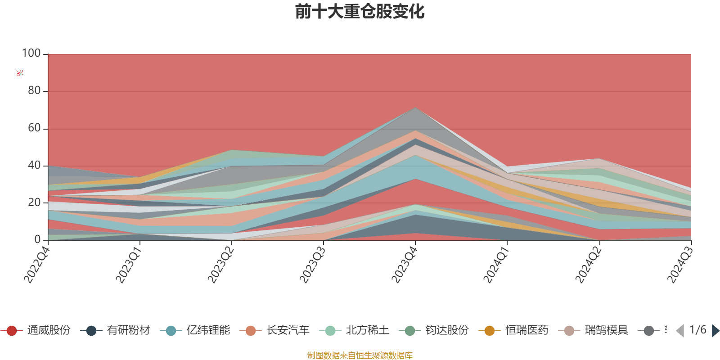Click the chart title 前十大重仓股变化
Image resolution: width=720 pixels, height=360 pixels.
pyautogui.click(x=360, y=12)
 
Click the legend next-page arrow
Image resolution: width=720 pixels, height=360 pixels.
pyautogui.click(x=715, y=331)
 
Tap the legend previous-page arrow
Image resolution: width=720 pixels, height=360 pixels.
pyautogui.click(x=680, y=331)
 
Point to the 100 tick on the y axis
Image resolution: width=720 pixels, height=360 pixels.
pyautogui.click(x=31, y=54)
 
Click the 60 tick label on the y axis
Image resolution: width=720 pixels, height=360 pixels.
pyautogui.click(x=34, y=128)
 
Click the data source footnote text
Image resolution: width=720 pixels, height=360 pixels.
pyautogui.click(x=360, y=355)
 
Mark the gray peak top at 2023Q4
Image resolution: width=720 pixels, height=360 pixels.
pyautogui.click(x=415, y=108)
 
